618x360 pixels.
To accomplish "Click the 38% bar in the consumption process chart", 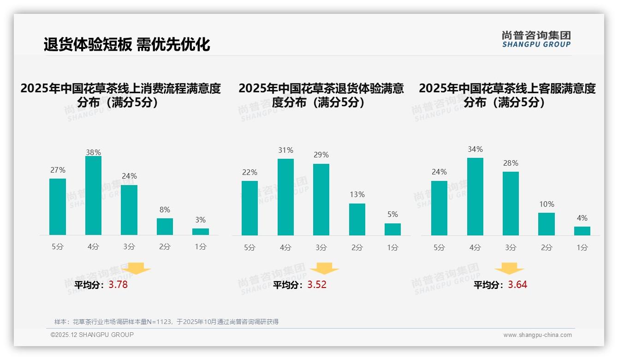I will click(93, 196).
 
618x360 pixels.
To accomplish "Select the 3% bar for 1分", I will click(201, 232).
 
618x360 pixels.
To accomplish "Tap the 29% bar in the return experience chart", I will click(321, 199).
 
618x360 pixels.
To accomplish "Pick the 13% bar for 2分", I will click(357, 219).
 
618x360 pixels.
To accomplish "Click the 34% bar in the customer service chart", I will click(475, 197).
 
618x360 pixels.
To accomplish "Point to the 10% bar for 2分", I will click(547, 224).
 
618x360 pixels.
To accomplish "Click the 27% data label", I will click(58, 170).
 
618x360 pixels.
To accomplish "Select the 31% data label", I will click(285, 150).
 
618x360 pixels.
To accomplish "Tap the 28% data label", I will click(511, 163).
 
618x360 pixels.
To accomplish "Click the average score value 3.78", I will click(118, 285).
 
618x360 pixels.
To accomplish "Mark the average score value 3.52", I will click(317, 285).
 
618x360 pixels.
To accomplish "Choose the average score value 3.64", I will click(517, 285).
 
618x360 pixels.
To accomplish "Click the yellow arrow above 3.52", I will click(324, 269).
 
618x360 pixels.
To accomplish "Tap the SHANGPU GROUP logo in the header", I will click(536, 39).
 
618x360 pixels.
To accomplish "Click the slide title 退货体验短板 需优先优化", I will click(127, 44).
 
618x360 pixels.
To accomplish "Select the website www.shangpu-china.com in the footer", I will click(537, 335).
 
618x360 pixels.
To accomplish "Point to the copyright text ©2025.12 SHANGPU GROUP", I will click(92, 335).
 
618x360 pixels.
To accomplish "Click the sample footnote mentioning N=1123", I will click(166, 322).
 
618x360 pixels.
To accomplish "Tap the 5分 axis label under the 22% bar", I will click(250, 248).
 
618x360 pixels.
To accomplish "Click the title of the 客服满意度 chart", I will click(507, 95).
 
